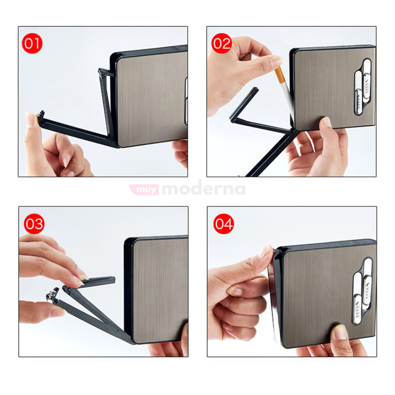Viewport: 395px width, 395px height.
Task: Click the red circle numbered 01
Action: pos(32,43)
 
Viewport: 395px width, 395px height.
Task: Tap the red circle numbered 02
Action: pos(221,43)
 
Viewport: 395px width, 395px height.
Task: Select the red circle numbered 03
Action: pos(34,224)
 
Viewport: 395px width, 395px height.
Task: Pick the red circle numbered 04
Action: pos(223,224)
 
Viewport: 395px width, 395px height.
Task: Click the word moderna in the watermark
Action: pos(204,189)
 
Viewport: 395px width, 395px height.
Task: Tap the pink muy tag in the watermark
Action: pos(144,189)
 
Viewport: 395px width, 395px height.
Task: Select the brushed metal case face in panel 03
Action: pos(161,290)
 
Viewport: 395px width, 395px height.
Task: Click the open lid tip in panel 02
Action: pos(255,90)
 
